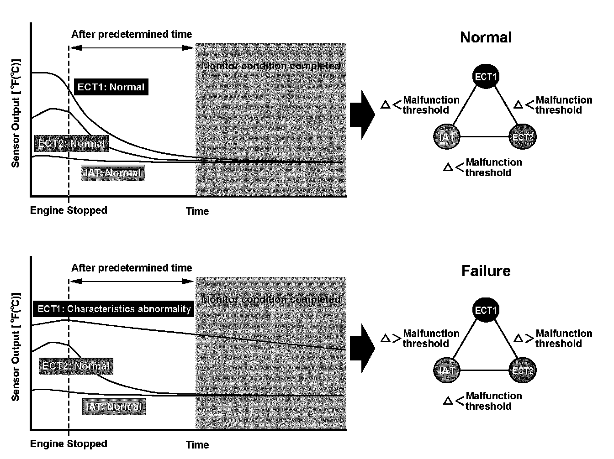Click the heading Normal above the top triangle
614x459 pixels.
486,37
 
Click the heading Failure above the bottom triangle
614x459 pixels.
486,271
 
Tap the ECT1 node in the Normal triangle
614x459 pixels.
485,76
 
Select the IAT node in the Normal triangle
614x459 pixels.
446,136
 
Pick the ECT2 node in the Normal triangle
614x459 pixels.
523,136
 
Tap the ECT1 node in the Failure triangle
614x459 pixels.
485,310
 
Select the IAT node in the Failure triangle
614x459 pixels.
446,370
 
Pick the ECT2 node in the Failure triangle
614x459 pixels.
523,370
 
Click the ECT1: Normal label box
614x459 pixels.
111,87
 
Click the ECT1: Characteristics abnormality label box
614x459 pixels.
114,309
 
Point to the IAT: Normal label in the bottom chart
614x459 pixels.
114,407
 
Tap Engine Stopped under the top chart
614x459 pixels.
69,210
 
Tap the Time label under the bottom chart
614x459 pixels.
197,444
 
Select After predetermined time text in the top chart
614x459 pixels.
132,34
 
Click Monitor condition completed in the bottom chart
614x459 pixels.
271,300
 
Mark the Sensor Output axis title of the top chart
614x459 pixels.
16,113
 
